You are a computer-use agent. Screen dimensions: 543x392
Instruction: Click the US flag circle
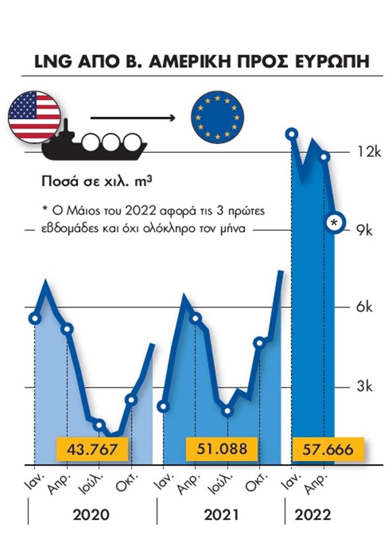click(x=34, y=116)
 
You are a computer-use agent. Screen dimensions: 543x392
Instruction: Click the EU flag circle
click(x=217, y=116)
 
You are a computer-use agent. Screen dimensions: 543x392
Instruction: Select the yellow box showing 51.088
click(x=222, y=449)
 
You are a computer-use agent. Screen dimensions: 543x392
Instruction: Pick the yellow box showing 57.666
click(x=329, y=449)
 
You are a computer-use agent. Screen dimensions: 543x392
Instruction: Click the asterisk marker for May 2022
click(x=335, y=223)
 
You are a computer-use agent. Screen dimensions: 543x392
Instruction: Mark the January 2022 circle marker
click(x=292, y=133)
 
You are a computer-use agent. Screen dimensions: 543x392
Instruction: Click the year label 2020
click(x=91, y=515)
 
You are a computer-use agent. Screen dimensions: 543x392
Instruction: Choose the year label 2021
click(x=221, y=515)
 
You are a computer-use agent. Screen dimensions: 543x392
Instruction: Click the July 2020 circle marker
click(x=99, y=425)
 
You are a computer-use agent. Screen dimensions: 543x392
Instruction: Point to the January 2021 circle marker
click(x=164, y=406)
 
